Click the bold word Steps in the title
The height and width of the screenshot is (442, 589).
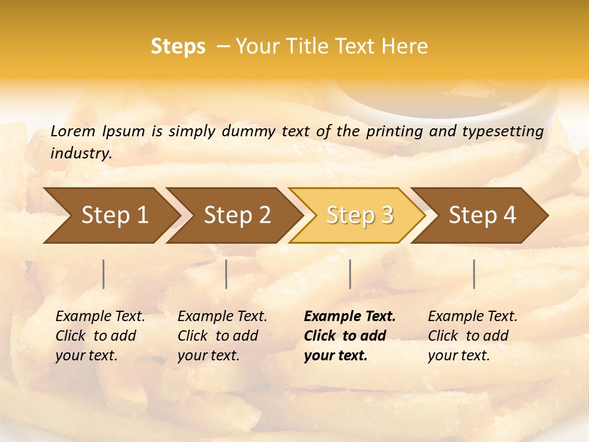click(x=178, y=47)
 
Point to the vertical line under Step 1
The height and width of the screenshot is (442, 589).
click(x=104, y=274)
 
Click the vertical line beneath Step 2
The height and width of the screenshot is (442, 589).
click(x=226, y=274)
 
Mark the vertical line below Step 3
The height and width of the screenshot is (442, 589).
click(x=350, y=274)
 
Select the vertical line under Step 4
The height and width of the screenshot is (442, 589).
click(x=474, y=274)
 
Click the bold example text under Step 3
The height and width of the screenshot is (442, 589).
click(x=350, y=336)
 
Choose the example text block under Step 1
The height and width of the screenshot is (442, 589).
click(x=100, y=336)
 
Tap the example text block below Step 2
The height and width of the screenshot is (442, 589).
click(x=222, y=336)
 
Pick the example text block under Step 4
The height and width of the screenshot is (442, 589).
click(x=472, y=336)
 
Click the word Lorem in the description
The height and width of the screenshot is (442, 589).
click(x=73, y=131)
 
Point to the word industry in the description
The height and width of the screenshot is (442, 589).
click(x=81, y=153)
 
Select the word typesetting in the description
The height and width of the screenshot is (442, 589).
click(x=505, y=131)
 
